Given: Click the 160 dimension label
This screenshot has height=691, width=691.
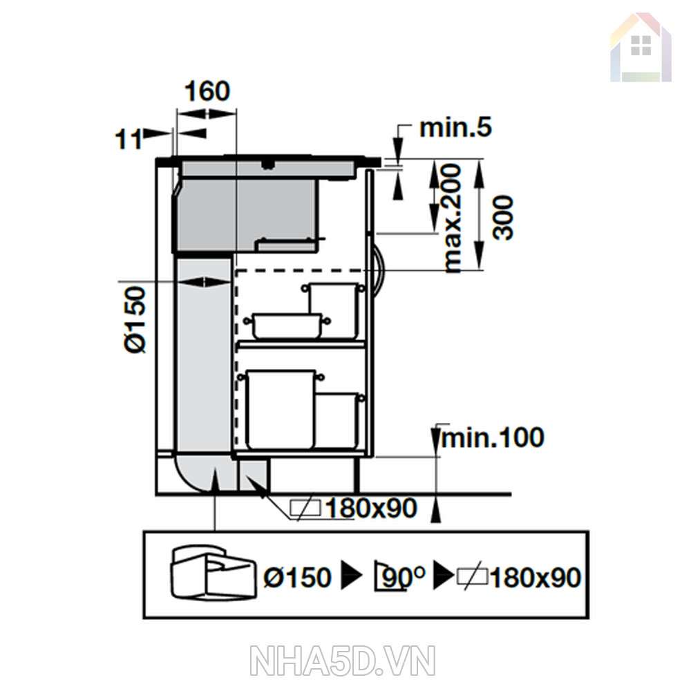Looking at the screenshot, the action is pos(207,91).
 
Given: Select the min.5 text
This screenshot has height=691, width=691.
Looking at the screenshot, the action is pos(455,128).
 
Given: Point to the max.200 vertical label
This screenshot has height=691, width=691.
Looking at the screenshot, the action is pos(452,218).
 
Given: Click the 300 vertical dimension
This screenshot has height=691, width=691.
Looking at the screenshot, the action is pos(503,218).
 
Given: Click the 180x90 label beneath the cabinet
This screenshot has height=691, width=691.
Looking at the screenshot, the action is pos(370,508).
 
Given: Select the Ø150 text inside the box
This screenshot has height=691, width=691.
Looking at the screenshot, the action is pos(297,577).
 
